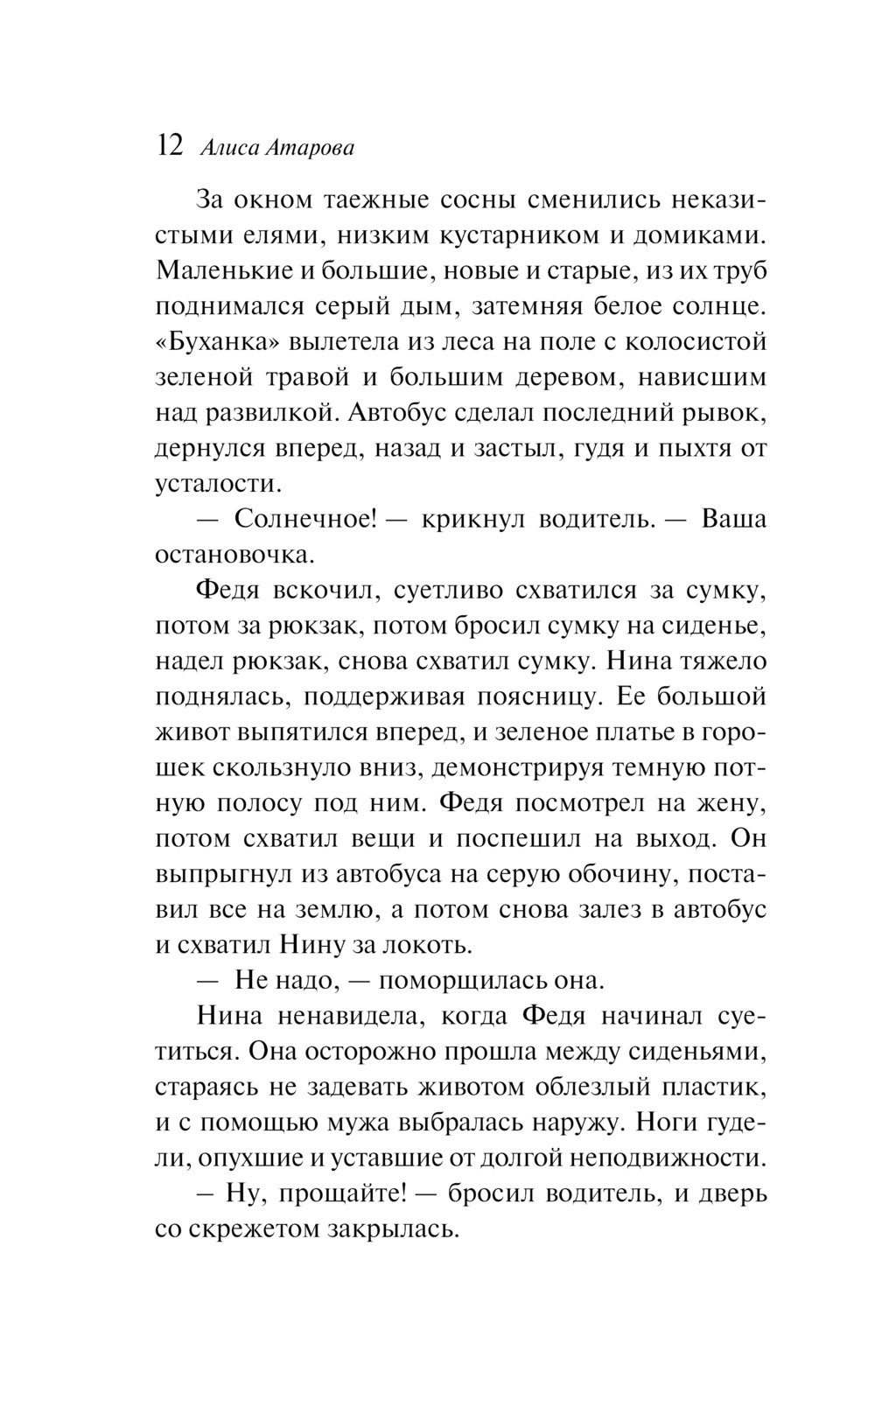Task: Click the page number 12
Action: pyautogui.click(x=169, y=146)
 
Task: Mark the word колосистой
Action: pyautogui.click(x=686, y=341)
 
